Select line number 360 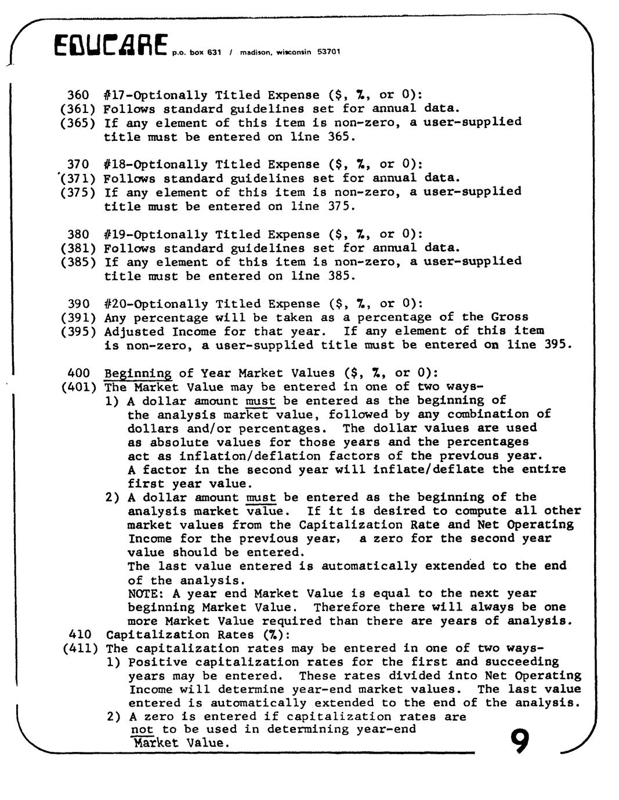(78, 95)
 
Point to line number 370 (78, 165)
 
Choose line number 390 (78, 304)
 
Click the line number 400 (78, 373)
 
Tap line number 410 (79, 635)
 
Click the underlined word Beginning (138, 373)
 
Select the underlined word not (142, 730)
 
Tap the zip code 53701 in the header (328, 52)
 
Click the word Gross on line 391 (510, 317)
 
